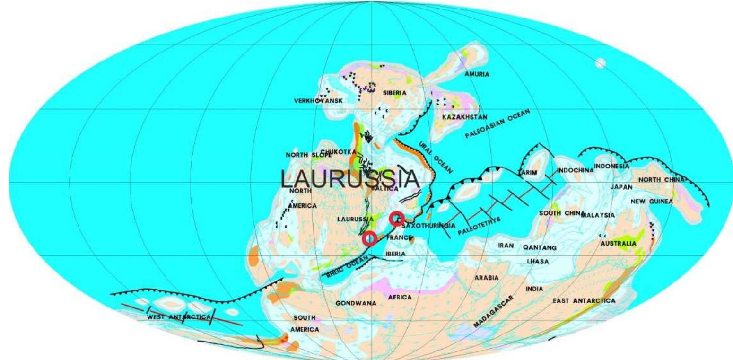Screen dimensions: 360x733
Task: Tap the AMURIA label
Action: tap(477, 74)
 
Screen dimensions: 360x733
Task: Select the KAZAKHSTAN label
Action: tap(464, 117)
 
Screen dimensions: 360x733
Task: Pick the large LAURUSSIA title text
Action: tap(350, 179)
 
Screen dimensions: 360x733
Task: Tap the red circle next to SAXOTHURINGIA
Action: tap(397, 218)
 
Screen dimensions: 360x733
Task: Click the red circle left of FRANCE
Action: tap(370, 238)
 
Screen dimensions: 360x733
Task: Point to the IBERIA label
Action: tap(395, 254)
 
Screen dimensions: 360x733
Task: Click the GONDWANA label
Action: tap(356, 303)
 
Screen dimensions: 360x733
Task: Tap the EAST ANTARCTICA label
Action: tap(584, 301)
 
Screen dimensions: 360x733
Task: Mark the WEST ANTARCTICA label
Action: tap(178, 316)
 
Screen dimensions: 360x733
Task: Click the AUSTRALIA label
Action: tap(618, 244)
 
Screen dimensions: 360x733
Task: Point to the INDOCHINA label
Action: tap(574, 170)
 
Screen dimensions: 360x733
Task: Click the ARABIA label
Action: tap(487, 278)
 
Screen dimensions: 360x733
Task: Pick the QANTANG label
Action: tap(540, 247)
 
